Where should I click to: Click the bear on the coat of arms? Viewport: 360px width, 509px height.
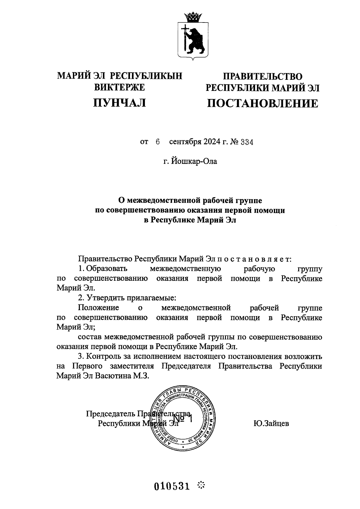click(x=195, y=39)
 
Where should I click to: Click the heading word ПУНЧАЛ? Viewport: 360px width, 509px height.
click(x=120, y=103)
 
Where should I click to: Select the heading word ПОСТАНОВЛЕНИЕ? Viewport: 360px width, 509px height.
click(x=262, y=103)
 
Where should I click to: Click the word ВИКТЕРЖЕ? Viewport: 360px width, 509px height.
click(x=120, y=87)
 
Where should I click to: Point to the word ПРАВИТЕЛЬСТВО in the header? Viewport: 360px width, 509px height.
click(x=262, y=76)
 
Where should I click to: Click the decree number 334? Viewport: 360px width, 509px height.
click(x=247, y=142)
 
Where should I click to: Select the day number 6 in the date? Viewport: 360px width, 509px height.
click(x=157, y=142)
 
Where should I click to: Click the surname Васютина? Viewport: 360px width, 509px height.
click(x=112, y=376)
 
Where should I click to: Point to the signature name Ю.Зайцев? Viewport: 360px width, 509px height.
click(x=271, y=424)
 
